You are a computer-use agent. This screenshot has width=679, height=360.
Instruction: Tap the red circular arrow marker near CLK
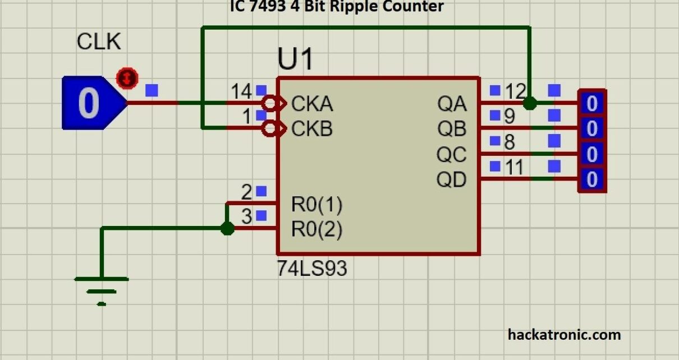(127, 78)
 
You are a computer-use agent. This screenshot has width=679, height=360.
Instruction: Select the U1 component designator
(295, 59)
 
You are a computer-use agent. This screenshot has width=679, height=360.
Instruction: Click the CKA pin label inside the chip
(312, 104)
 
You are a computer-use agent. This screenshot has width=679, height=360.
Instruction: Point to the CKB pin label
(312, 129)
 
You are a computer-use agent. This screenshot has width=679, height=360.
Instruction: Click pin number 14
(242, 91)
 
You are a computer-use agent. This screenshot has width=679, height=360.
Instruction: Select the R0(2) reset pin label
(316, 229)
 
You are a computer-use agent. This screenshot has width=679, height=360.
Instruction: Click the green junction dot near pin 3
(227, 228)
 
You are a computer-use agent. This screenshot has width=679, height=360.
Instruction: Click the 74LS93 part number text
(312, 269)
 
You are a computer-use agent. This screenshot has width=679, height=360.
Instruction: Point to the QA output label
(452, 104)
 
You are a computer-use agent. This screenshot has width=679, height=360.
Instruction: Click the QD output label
(452, 180)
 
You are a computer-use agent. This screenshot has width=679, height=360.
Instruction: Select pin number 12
(515, 91)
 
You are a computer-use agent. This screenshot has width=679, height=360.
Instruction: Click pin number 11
(513, 167)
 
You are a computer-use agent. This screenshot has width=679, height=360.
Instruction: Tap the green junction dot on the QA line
(529, 103)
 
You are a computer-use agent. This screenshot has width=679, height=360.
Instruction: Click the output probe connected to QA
(592, 103)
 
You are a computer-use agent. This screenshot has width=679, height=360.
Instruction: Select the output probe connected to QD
(592, 180)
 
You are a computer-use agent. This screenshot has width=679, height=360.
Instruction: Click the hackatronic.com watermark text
(564, 335)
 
